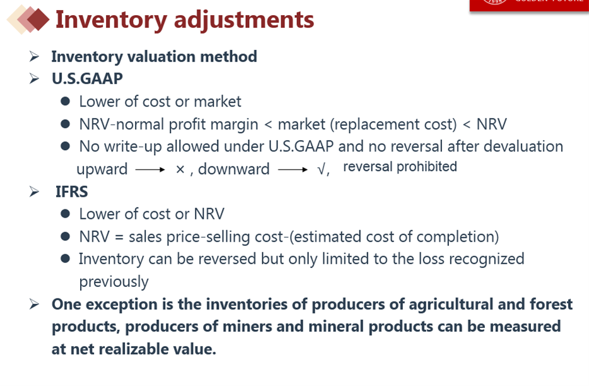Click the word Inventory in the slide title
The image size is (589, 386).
111,20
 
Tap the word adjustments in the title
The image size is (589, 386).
244,20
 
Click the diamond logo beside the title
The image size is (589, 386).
28,19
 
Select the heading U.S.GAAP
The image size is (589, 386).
87,79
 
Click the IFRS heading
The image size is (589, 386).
71,192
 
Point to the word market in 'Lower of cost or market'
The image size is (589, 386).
218,102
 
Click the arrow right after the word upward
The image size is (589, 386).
150,170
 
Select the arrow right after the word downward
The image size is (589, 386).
293,170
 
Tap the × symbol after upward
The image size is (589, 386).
180,170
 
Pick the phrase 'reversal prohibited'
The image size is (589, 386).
400,167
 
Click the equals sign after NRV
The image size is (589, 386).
119,237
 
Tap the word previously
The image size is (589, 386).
114,282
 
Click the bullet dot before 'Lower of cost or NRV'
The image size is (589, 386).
66,213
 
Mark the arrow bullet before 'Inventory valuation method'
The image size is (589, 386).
34,56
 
